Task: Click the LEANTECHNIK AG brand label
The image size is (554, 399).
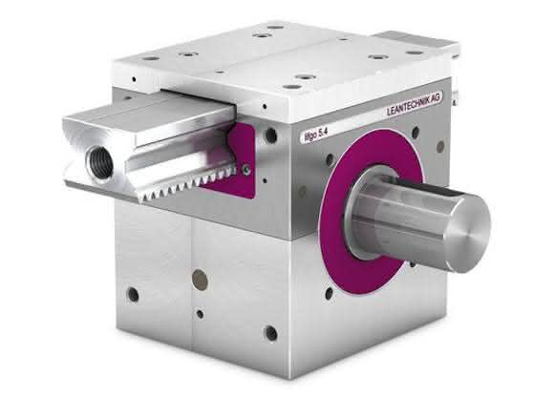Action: click(415, 103)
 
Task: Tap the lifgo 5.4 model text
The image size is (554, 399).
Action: click(313, 135)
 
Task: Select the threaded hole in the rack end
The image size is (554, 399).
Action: click(99, 159)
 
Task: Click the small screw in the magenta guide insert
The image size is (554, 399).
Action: click(246, 170)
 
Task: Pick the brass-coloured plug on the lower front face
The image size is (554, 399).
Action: click(200, 278)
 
